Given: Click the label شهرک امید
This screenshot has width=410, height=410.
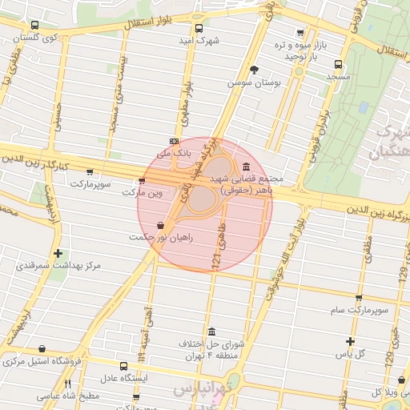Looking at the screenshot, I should pos(198,40).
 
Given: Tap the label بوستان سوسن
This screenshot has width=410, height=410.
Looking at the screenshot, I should pos(251,82).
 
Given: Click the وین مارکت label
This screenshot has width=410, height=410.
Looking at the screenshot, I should pos(142,193).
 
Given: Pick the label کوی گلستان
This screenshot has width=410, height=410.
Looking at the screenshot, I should pos(38,38).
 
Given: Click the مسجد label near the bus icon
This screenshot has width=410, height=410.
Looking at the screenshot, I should pos(338,76).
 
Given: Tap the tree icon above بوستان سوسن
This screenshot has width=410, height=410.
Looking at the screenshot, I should pos(255,70).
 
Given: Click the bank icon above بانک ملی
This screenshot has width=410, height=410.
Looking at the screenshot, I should pos(174,140).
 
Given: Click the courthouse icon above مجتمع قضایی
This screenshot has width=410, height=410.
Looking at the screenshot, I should pos(244,166).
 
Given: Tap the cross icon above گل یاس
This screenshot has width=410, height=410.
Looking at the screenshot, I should pos(350,341).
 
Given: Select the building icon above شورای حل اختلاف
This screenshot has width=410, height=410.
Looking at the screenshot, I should pos(211,332).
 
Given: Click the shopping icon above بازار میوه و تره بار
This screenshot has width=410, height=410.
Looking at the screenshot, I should pos(300,34).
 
